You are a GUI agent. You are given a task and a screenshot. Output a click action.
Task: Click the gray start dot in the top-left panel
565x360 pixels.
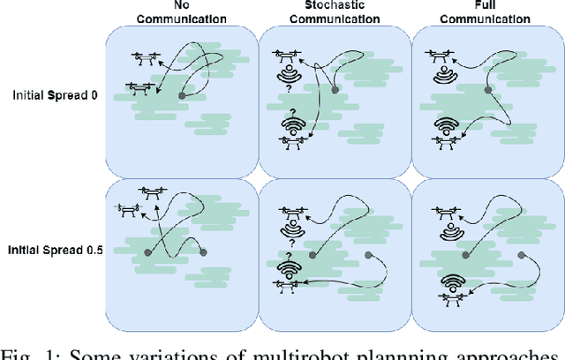[182, 94]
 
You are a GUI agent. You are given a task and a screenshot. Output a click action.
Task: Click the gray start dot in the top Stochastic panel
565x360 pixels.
[335, 89]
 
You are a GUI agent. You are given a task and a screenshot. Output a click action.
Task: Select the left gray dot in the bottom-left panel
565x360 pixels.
[148, 253]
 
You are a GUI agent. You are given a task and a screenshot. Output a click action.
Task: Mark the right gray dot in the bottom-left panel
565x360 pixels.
[203, 253]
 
